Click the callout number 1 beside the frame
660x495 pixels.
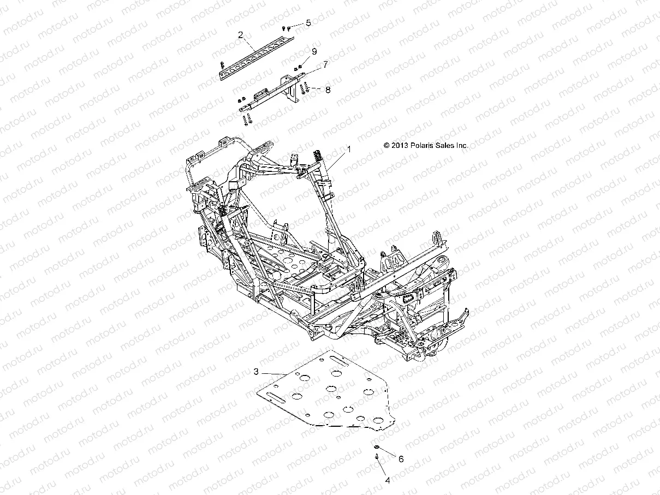tap(349, 148)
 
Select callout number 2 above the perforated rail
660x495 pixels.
tap(241, 35)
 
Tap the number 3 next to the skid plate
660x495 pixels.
tap(255, 372)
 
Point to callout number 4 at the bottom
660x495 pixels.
tap(388, 481)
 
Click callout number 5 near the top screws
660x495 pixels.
tap(308, 23)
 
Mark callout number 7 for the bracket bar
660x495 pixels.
tap(325, 64)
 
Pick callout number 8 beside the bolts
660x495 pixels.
tap(328, 89)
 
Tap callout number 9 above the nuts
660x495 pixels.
tap(314, 51)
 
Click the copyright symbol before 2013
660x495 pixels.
tap(387, 146)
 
